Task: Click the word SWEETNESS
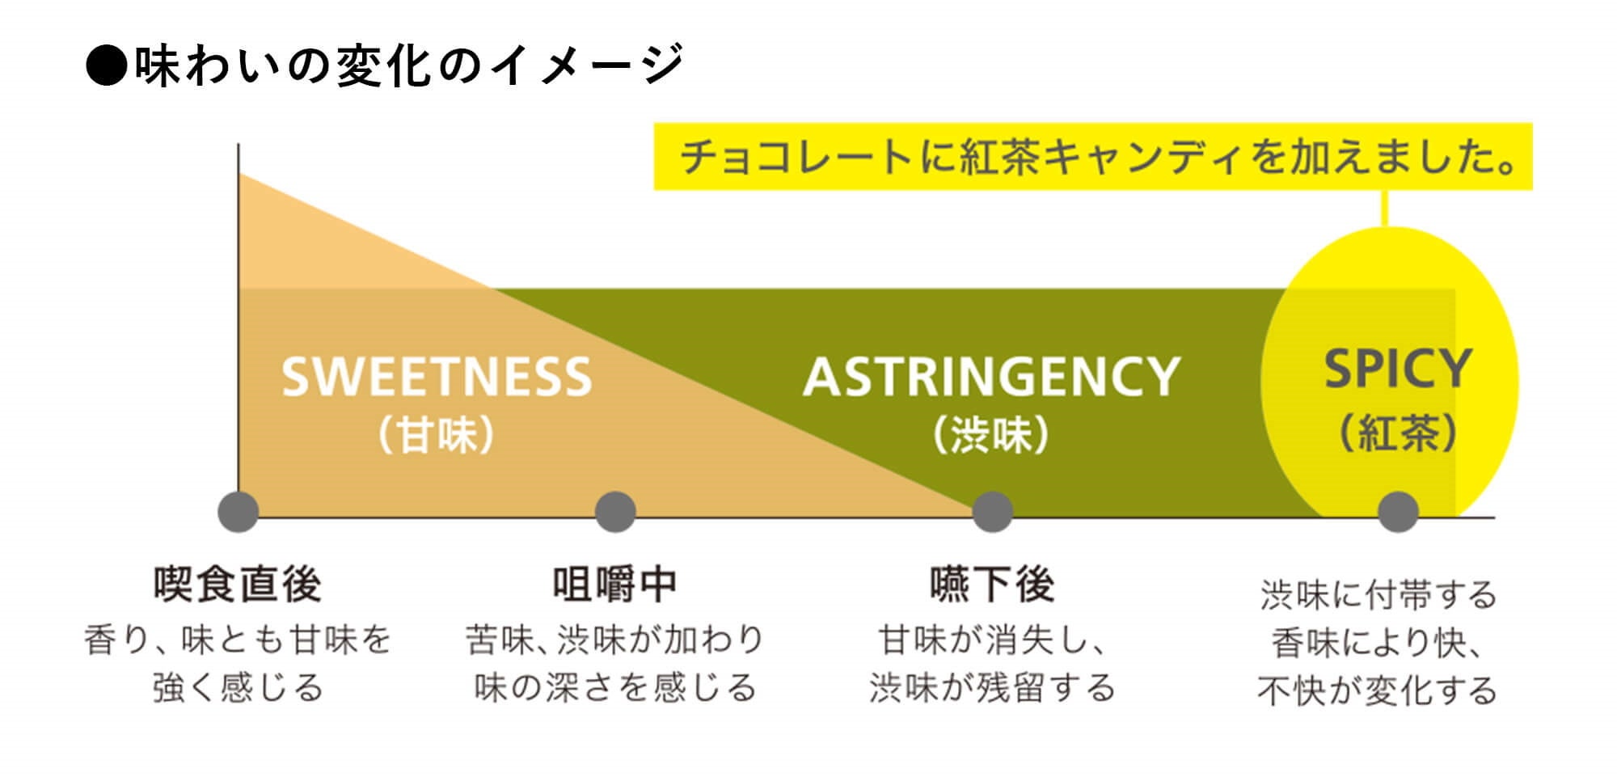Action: click(437, 377)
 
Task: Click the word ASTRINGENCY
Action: click(991, 377)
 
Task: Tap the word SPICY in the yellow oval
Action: click(1397, 369)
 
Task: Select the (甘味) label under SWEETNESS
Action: click(437, 436)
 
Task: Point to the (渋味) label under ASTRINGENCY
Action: click(991, 436)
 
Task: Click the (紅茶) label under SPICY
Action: click(1398, 433)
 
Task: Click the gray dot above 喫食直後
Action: click(239, 512)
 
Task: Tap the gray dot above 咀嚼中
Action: click(615, 512)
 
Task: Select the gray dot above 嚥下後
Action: click(992, 512)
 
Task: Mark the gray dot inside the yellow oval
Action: click(1398, 512)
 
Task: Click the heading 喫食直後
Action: click(239, 585)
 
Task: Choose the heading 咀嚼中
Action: click(615, 585)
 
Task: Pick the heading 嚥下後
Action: click(992, 585)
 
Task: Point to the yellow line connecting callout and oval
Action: click(1385, 208)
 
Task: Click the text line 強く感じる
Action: click(239, 688)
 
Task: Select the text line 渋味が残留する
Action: click(992, 688)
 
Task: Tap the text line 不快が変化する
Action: click(1377, 690)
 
